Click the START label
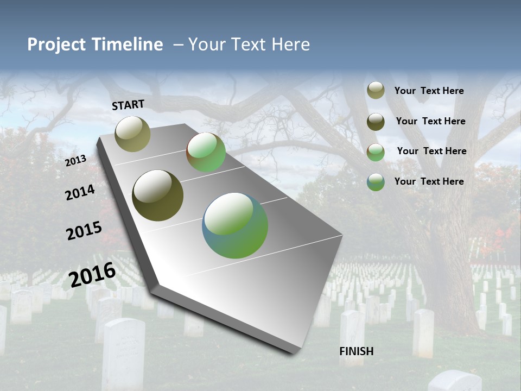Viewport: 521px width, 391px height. tap(128, 105)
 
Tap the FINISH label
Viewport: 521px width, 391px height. tap(356, 351)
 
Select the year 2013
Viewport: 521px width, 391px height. tap(75, 161)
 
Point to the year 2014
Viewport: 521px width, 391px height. tap(80, 192)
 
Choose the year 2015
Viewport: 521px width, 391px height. tap(84, 230)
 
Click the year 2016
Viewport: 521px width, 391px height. tap(92, 275)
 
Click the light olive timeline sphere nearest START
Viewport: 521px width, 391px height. tap(132, 134)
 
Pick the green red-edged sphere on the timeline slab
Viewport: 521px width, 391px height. tap(206, 152)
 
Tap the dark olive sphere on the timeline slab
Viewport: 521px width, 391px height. tap(157, 195)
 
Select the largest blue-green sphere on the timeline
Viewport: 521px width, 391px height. tap(235, 225)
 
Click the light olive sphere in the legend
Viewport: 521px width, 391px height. tap(376, 90)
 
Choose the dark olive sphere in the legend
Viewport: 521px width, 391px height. tap(376, 122)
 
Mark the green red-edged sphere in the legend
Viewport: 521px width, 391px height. tap(376, 152)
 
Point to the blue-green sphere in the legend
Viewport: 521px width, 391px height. tap(376, 182)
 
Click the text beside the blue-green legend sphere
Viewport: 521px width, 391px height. tap(429, 181)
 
